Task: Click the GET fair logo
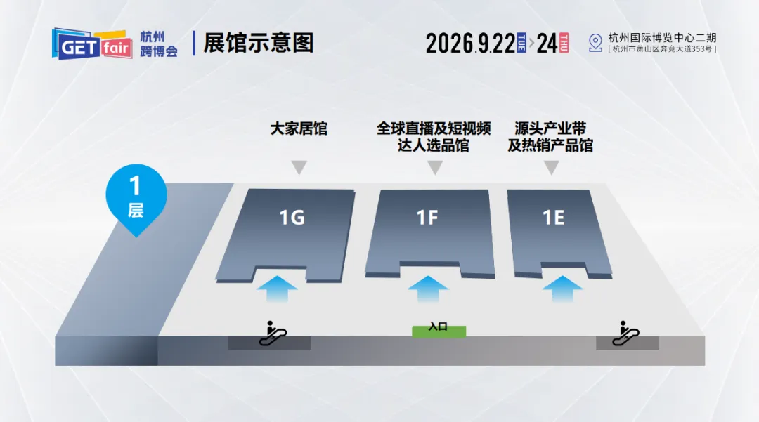coord(91,44)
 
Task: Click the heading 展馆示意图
coord(258,43)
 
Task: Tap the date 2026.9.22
coord(470,44)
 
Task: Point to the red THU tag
coord(564,43)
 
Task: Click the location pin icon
coord(595,43)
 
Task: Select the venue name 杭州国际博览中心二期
coord(662,38)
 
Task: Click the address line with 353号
coord(662,49)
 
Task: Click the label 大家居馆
coord(299,129)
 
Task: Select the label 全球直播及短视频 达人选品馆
coord(434,137)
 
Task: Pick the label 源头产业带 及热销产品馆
coord(550,137)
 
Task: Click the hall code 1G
coord(292,218)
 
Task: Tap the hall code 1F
coord(427,218)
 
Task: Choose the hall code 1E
coord(553,218)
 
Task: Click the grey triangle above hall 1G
coord(299,168)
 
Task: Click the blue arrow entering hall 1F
coord(427,288)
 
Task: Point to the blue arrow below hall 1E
coord(562,288)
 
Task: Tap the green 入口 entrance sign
coord(439,328)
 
